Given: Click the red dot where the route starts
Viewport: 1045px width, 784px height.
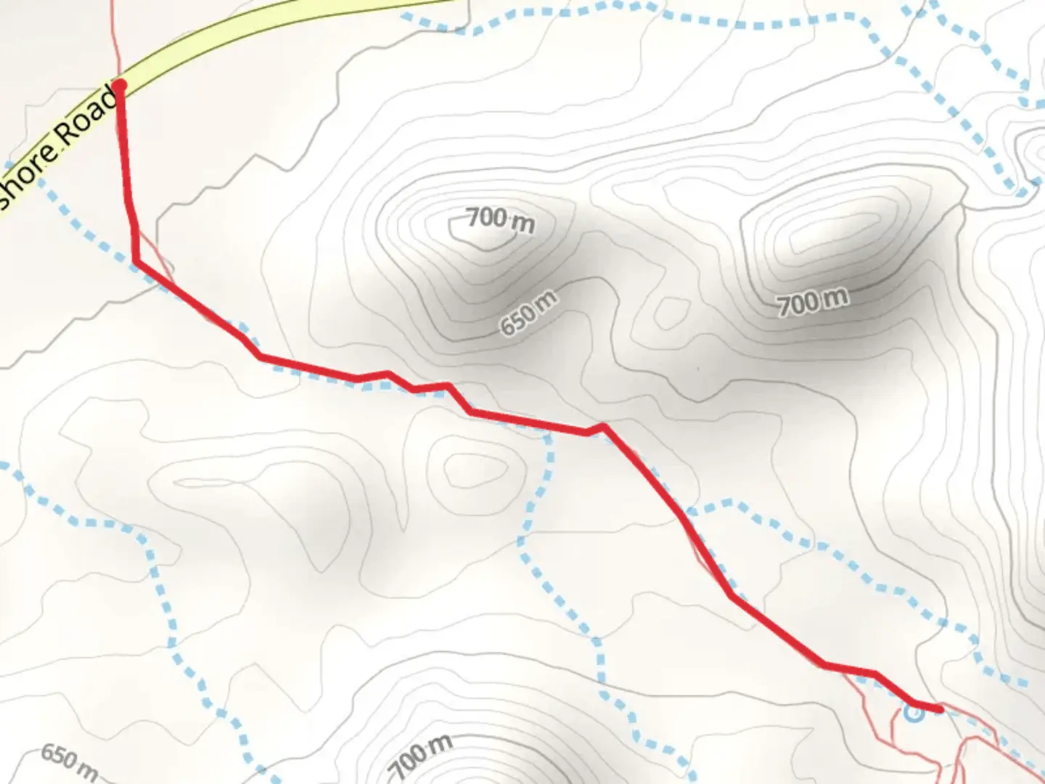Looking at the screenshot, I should tap(120, 86).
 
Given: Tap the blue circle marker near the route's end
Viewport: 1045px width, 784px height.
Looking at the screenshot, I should tap(914, 713).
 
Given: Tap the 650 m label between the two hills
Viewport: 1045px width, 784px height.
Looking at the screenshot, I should tap(529, 313).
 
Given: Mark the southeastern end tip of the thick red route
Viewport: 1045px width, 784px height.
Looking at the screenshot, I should tap(940, 709).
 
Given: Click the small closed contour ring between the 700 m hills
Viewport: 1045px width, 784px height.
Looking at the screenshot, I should tap(669, 312).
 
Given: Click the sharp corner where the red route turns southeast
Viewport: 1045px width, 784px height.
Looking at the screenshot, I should tap(136, 261).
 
